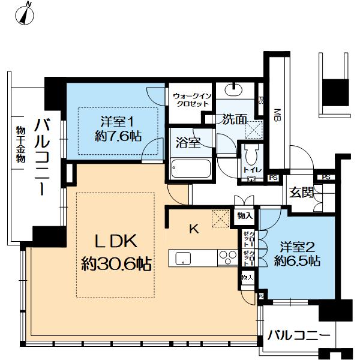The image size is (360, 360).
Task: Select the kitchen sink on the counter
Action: point(183,259)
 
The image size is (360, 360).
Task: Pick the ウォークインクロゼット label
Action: point(191,99)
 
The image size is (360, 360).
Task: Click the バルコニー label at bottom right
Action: point(298,335)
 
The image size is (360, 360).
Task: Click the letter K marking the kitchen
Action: point(193,229)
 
